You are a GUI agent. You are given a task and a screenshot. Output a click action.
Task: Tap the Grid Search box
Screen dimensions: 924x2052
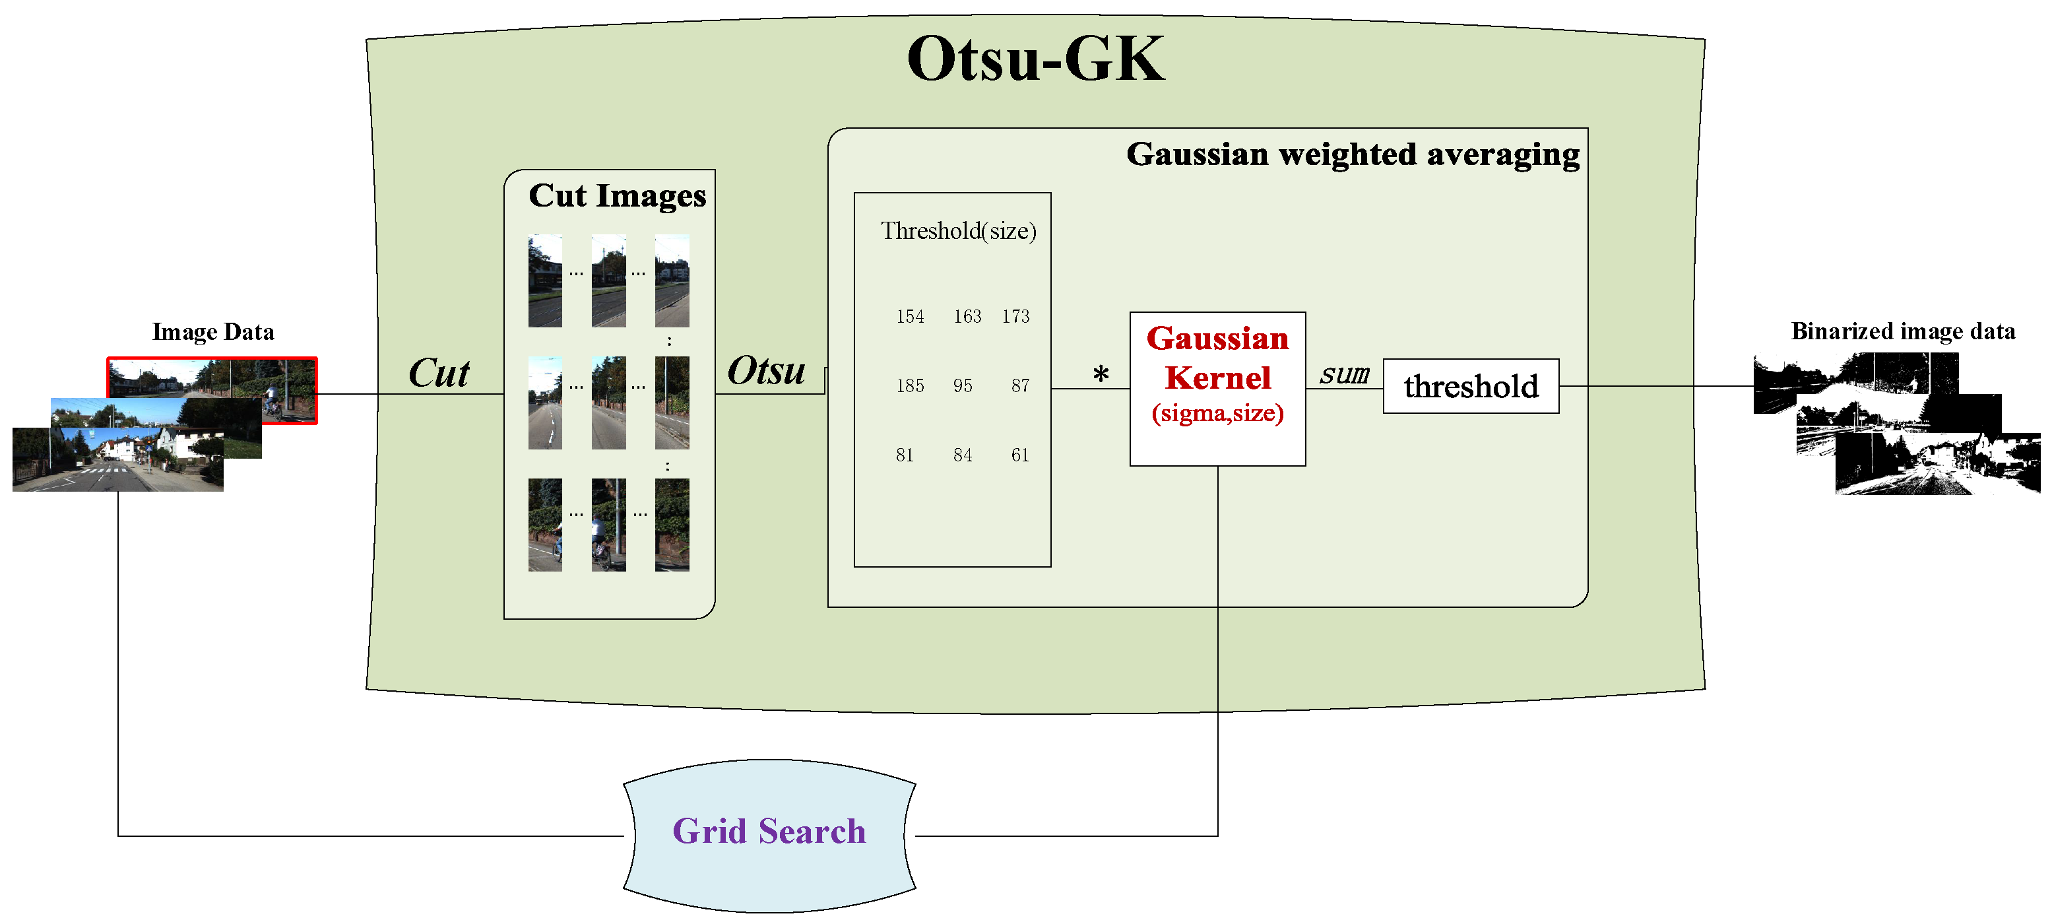[x=769, y=832]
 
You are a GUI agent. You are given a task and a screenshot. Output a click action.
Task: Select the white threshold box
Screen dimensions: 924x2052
[x=1471, y=386]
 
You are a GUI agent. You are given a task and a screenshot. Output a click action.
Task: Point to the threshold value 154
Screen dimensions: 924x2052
[x=910, y=317]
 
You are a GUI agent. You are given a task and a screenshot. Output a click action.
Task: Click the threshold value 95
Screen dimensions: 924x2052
[x=962, y=386]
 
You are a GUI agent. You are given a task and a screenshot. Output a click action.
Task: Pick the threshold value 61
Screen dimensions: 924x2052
[x=1019, y=455]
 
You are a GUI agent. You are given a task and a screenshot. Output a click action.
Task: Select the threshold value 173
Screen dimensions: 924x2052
[x=1015, y=317]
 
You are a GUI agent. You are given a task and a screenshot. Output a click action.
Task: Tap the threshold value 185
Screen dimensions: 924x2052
[x=910, y=386]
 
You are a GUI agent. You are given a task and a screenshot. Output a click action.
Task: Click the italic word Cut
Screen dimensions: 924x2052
[x=439, y=373]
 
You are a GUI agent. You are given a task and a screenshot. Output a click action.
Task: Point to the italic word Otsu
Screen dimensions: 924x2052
[x=766, y=371]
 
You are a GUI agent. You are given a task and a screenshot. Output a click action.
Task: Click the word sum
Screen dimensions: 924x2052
[x=1344, y=374]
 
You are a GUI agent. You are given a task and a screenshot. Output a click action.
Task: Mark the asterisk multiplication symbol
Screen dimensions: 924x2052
[x=1101, y=374]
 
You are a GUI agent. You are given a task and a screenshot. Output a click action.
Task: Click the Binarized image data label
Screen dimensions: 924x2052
[x=1903, y=331]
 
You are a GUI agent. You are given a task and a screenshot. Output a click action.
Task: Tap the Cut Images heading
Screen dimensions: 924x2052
[x=618, y=196]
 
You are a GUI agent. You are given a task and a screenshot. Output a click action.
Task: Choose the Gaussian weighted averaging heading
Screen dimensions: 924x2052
[x=1353, y=154]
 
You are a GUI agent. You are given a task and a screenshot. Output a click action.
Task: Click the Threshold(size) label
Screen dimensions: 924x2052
[x=958, y=231]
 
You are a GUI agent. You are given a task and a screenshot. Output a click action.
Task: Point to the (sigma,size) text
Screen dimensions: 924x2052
[x=1217, y=413]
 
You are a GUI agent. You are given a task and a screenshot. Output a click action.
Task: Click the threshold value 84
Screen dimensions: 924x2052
[x=962, y=455]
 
